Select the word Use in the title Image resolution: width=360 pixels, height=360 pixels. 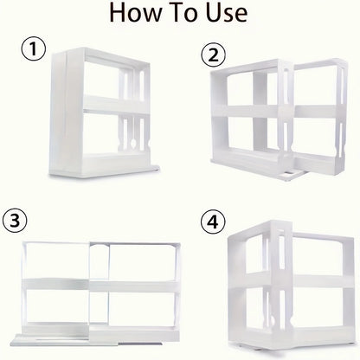227,15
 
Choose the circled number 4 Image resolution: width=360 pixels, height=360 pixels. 210,221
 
